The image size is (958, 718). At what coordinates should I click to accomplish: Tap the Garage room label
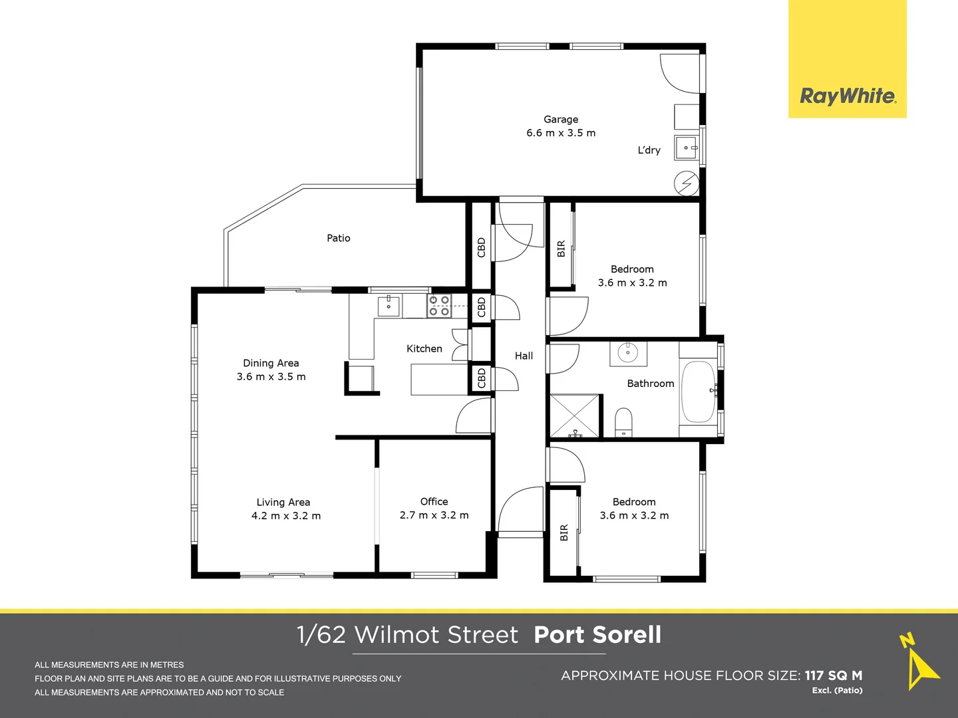coord(561,119)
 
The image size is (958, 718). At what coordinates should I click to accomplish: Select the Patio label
coord(338,238)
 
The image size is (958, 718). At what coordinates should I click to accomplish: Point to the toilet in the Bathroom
coord(623,422)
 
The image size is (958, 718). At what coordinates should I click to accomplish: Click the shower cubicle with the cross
coord(574,416)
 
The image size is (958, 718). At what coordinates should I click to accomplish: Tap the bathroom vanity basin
coord(628,352)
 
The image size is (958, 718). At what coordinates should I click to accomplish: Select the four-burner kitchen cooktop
coord(438,305)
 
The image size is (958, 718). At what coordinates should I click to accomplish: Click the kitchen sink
coord(389,305)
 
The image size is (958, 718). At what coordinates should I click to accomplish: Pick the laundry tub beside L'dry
coord(687,148)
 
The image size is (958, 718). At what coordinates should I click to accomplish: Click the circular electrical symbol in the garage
coord(687,183)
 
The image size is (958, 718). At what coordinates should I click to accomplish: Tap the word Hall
coord(524,356)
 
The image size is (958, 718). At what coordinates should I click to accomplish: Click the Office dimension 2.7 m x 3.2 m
coord(434,515)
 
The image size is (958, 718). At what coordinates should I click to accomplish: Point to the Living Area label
coord(283,502)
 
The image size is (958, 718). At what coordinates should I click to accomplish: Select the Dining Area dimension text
coord(271,377)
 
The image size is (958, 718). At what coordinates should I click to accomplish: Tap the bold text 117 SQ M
coord(834,675)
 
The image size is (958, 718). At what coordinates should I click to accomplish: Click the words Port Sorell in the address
coord(597,635)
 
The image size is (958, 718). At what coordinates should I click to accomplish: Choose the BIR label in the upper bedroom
coord(561,249)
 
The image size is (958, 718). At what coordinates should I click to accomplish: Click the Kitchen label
coord(424,349)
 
